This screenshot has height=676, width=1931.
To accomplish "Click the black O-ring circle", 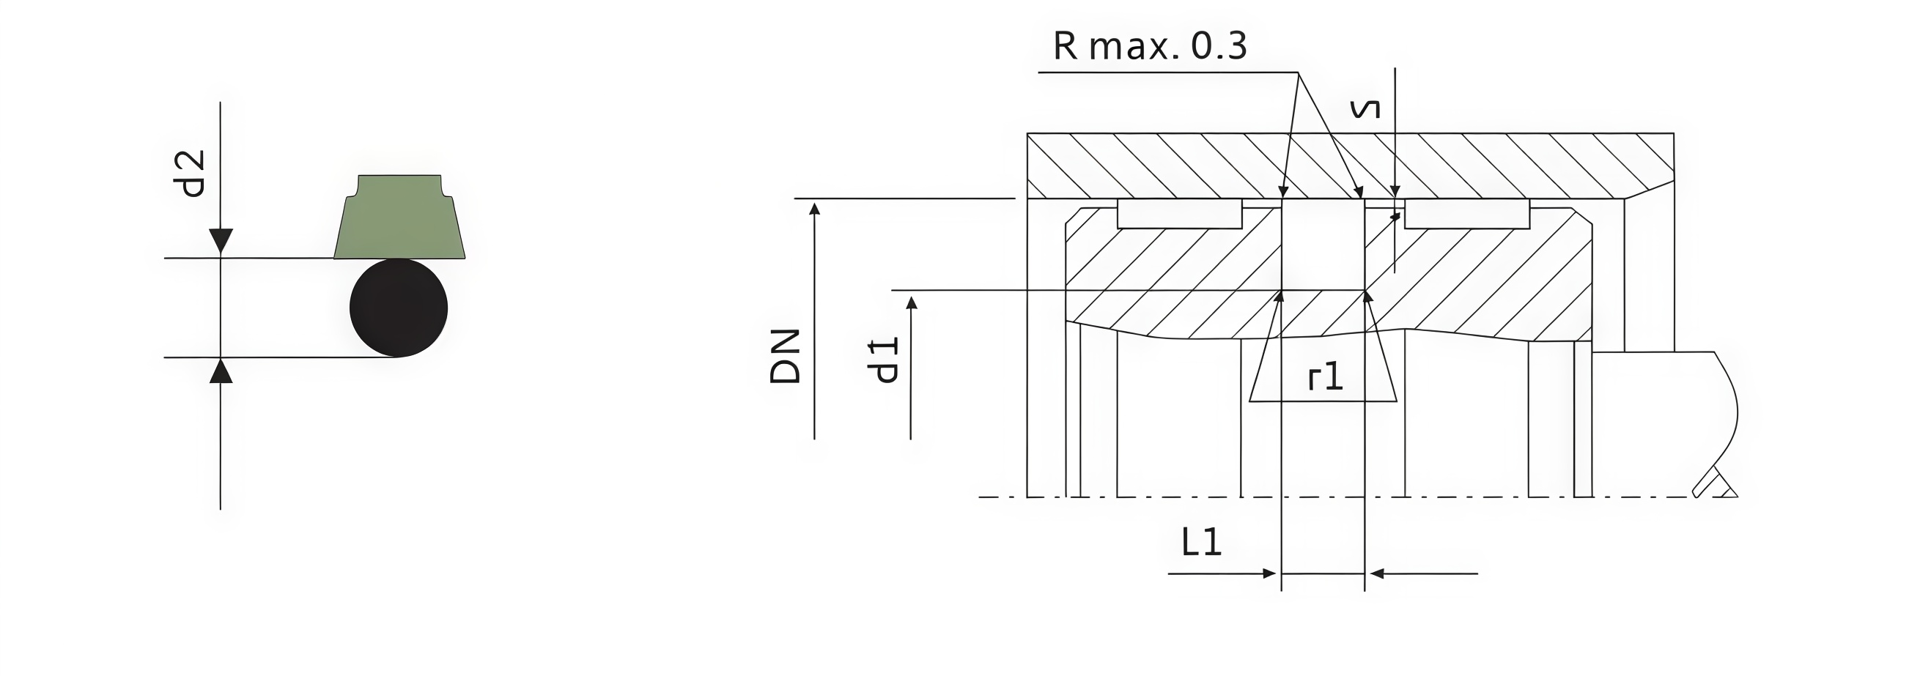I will click(398, 308).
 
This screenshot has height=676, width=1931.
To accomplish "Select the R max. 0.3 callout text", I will click(1149, 46).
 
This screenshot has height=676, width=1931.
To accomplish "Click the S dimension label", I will click(1365, 109).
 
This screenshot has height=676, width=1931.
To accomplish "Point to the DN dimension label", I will click(786, 356).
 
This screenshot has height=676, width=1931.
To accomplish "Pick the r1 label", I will click(1325, 377).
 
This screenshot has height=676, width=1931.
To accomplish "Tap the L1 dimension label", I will click(1201, 542).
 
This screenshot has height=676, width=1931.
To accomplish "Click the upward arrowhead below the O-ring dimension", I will click(221, 372).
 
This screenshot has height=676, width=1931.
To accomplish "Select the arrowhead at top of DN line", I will click(815, 208).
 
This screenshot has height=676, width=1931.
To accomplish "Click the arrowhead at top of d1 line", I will click(912, 302).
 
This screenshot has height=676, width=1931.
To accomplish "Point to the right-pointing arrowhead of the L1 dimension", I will click(1269, 573).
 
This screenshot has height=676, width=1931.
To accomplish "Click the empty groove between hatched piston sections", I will click(1323, 244).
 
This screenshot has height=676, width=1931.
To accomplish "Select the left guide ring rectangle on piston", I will click(1179, 214).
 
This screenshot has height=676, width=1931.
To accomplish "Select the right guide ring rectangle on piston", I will click(1466, 214).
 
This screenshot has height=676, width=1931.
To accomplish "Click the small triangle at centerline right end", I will click(1729, 491).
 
